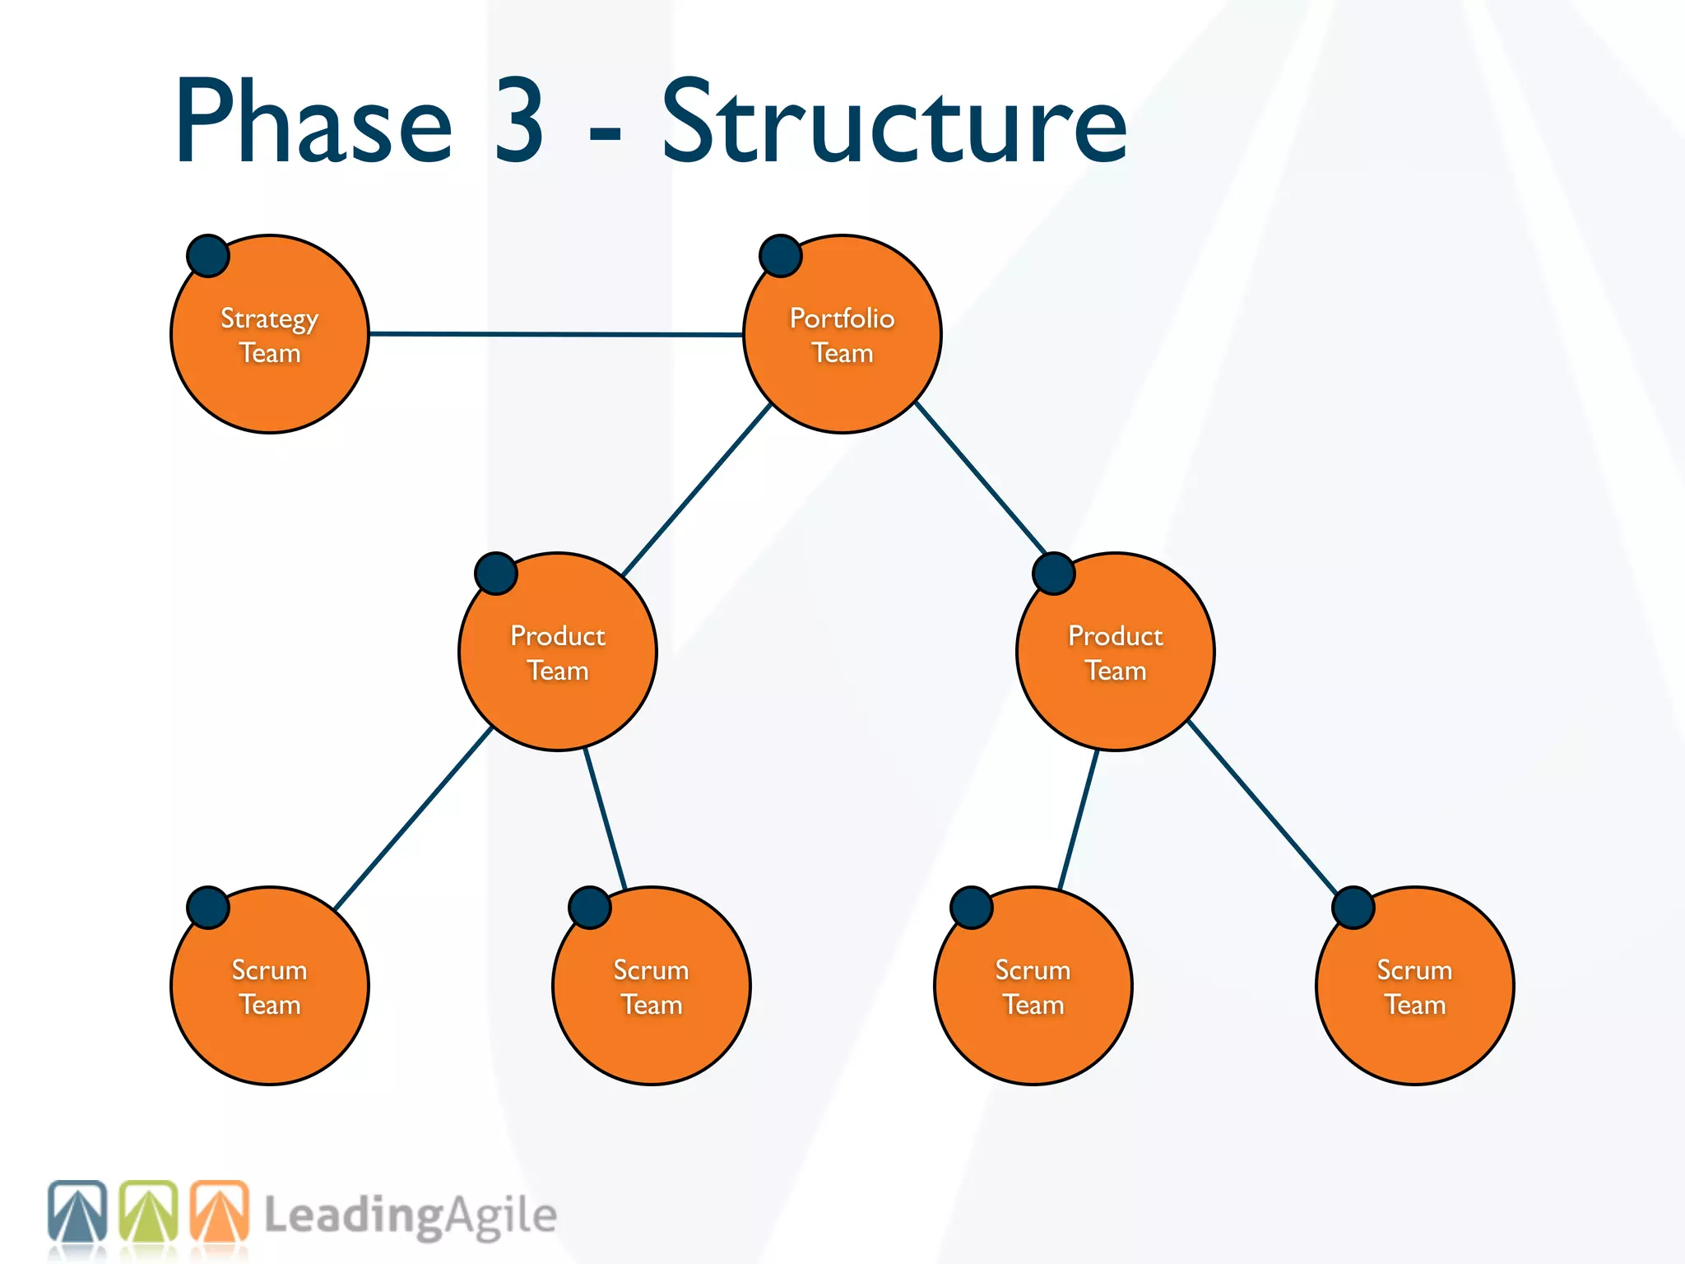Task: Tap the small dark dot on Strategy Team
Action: [207, 256]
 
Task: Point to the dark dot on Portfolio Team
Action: [780, 256]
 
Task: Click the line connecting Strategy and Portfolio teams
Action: [556, 334]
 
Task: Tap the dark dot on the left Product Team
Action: [495, 574]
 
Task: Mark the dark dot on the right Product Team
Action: [1054, 574]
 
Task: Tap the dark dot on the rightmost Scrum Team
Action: [1353, 908]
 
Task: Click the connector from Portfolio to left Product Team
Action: [696, 490]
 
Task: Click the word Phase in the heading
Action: [313, 123]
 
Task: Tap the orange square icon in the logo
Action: [219, 1211]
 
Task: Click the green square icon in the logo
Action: [148, 1211]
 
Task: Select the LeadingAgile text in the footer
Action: [410, 1216]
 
